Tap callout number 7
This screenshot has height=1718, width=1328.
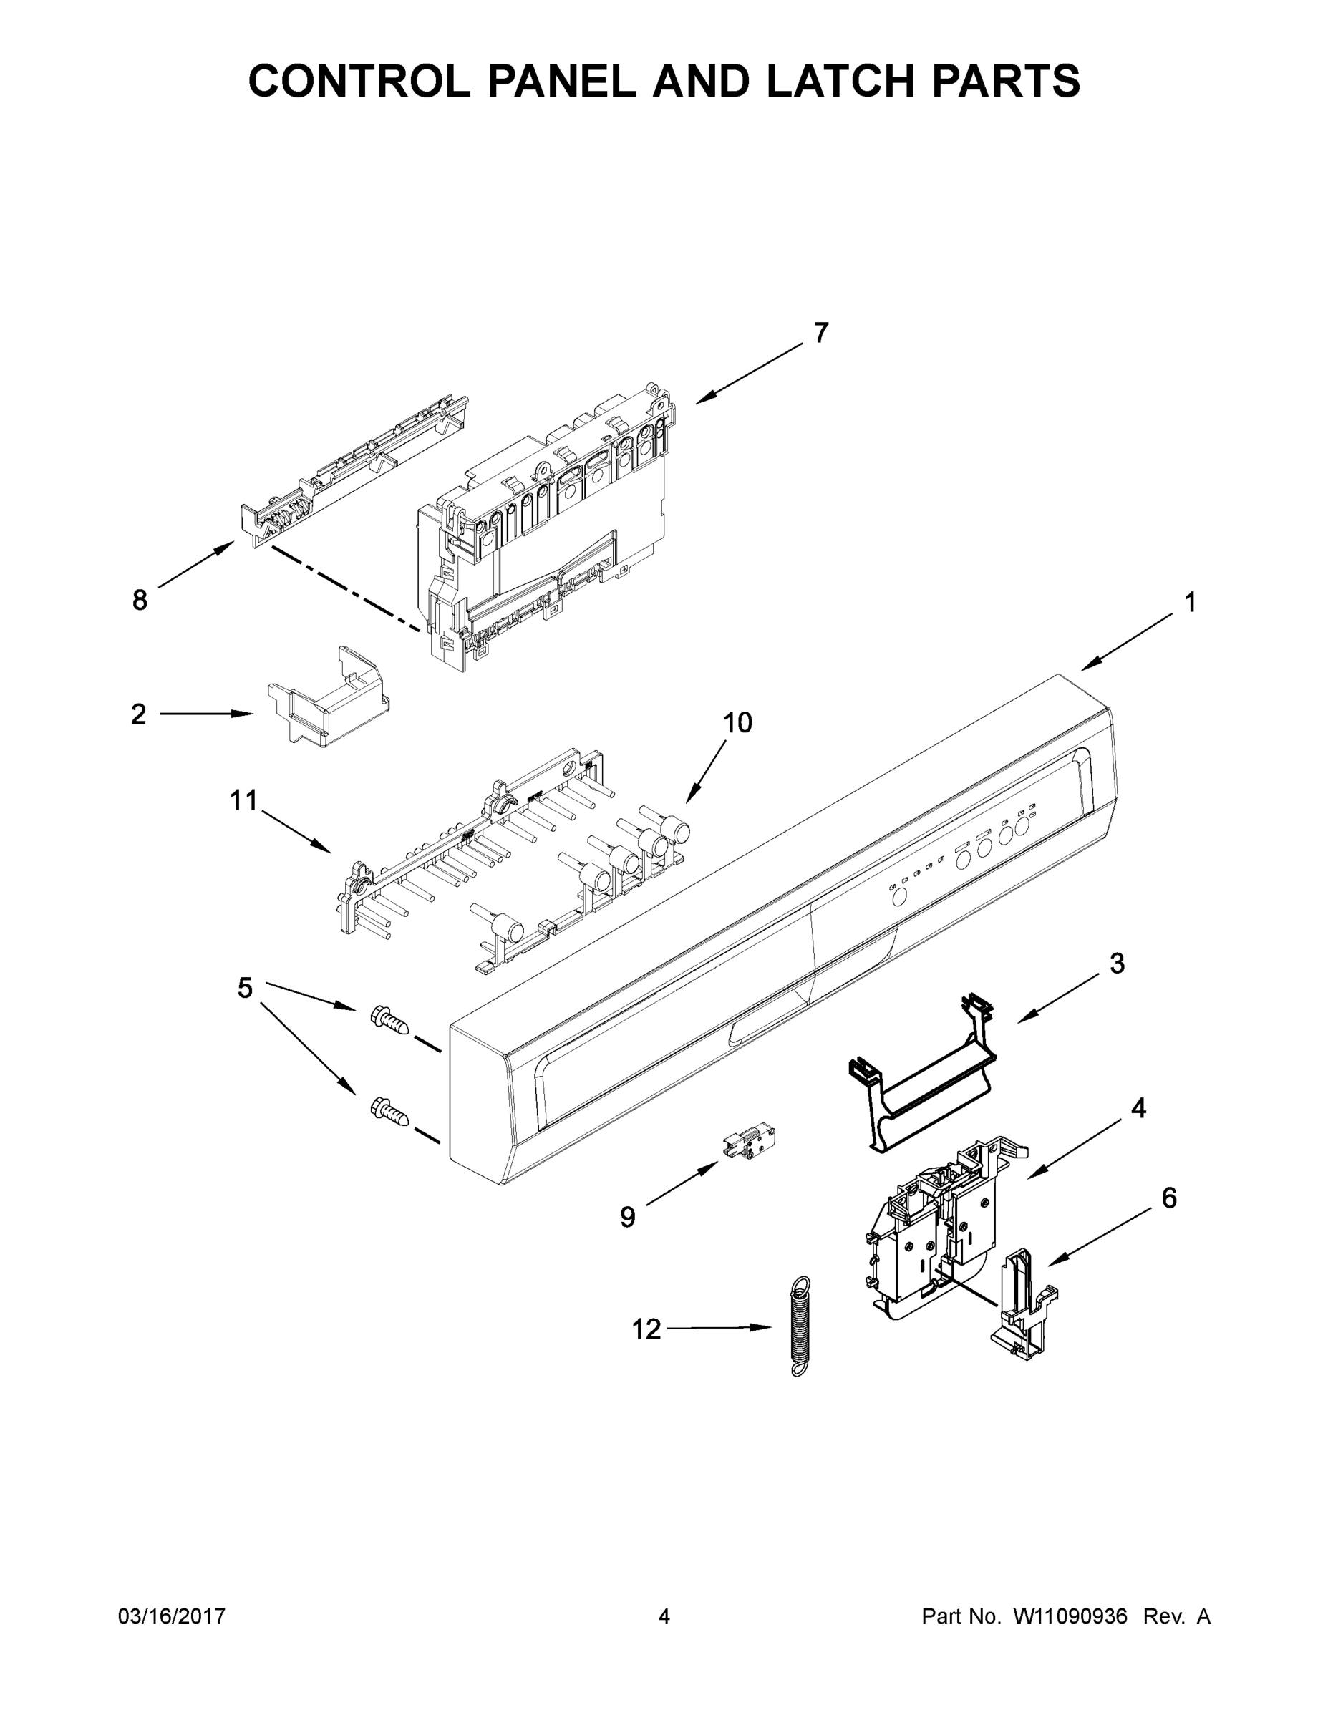(x=820, y=333)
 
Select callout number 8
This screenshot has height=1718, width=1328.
(x=140, y=601)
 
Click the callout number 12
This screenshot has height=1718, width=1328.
(x=646, y=1329)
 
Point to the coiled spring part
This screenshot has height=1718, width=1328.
(x=800, y=1326)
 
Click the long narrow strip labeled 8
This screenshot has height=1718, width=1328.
(x=354, y=472)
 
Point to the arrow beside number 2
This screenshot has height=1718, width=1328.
(x=207, y=714)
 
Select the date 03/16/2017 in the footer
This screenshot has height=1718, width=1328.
(x=172, y=1616)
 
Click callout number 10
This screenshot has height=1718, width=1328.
(x=737, y=722)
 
